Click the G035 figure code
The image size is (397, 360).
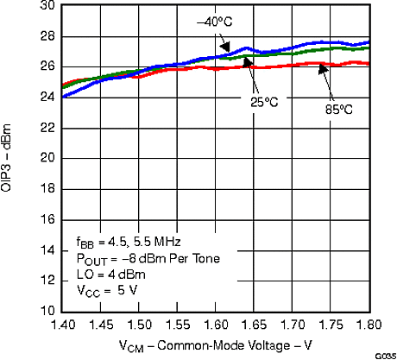383,355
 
